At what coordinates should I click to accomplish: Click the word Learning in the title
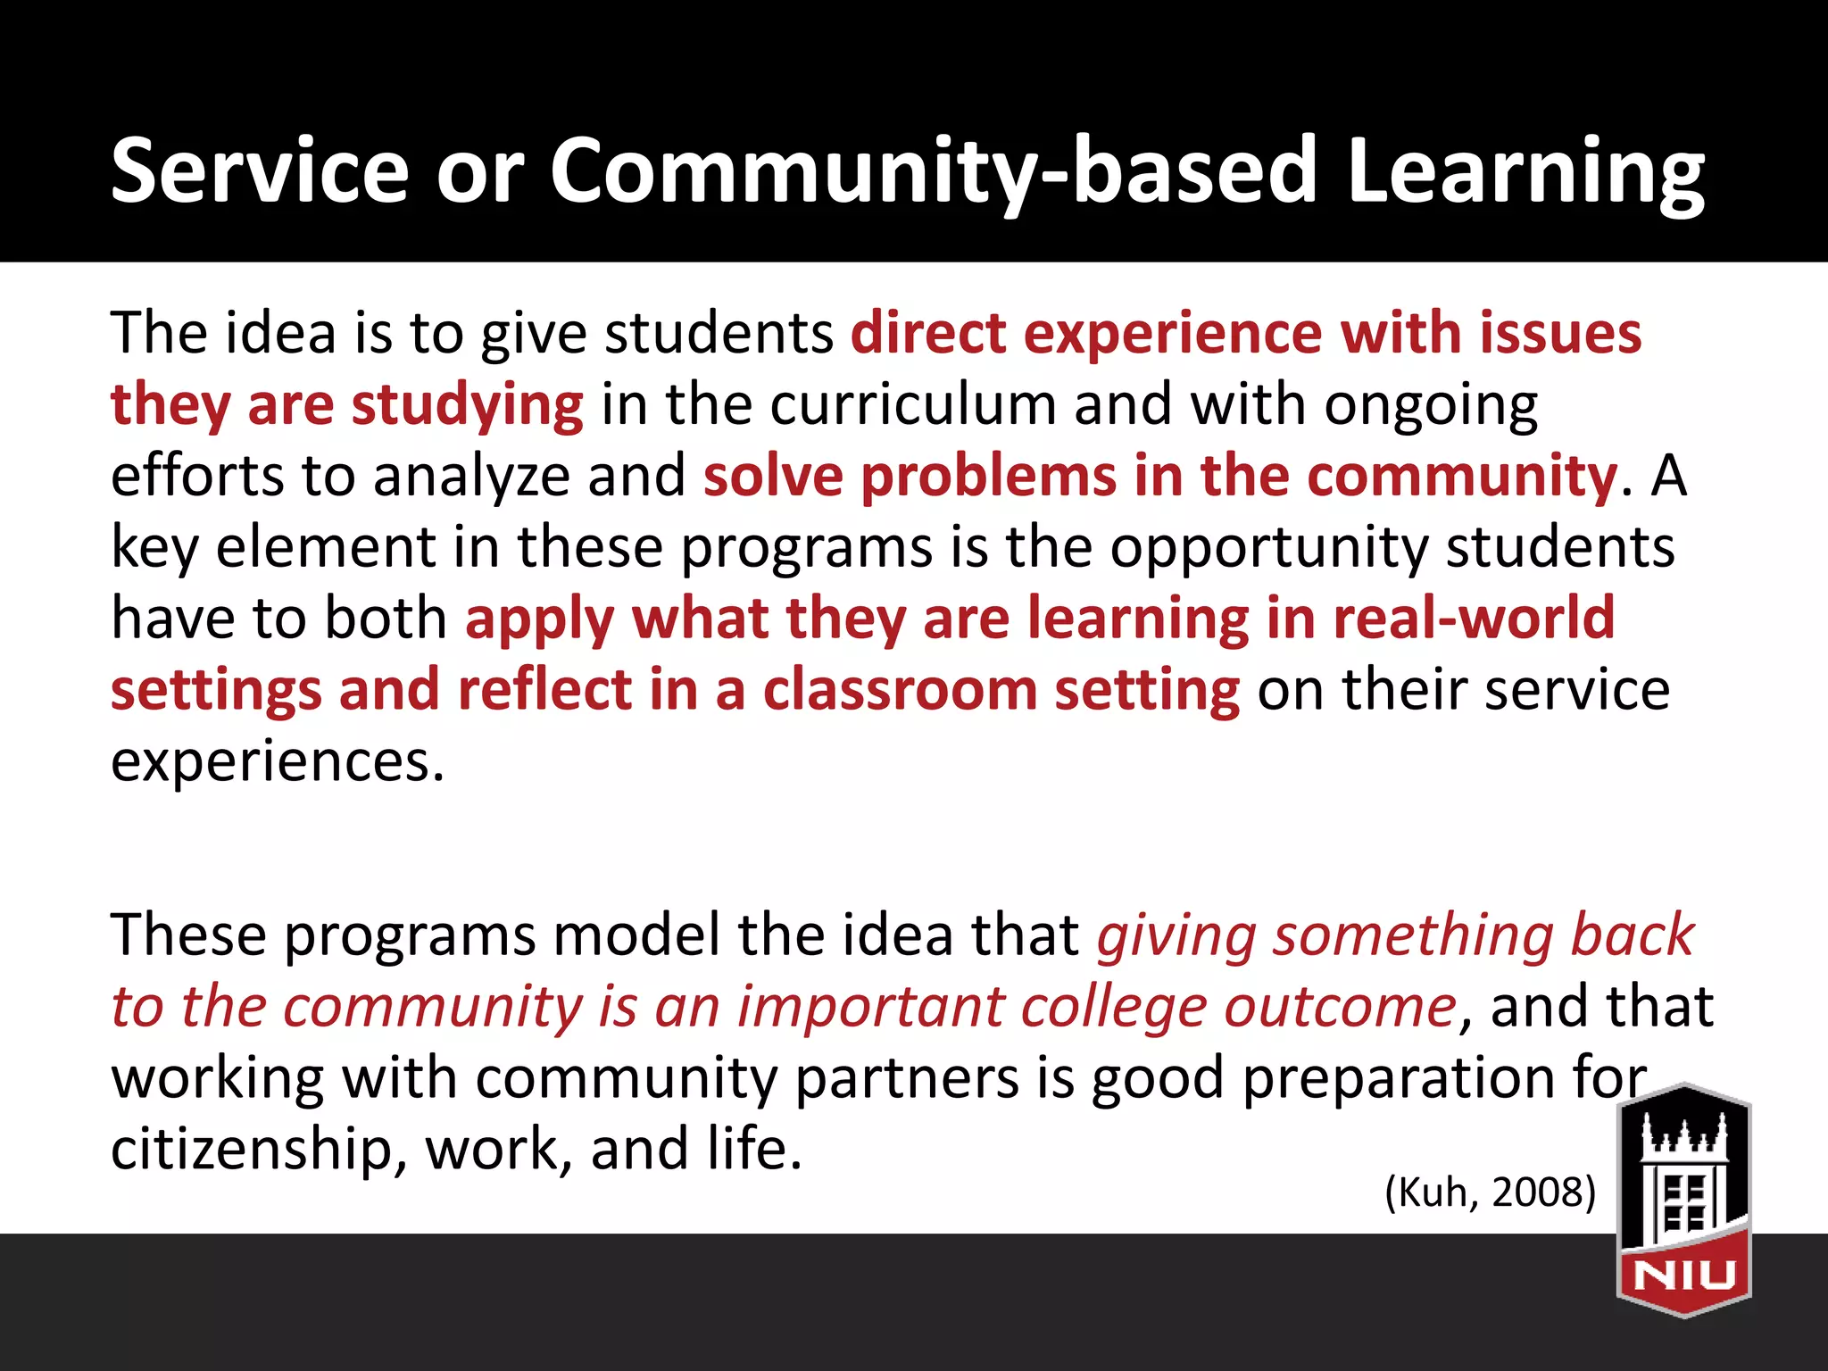1525,171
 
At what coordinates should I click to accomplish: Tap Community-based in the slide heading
933,171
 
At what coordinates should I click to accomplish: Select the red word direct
927,333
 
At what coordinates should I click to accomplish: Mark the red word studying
468,406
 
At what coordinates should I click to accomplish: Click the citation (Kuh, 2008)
1490,1192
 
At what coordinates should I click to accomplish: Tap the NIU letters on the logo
1683,1275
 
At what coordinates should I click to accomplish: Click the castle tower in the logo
1683,1178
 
